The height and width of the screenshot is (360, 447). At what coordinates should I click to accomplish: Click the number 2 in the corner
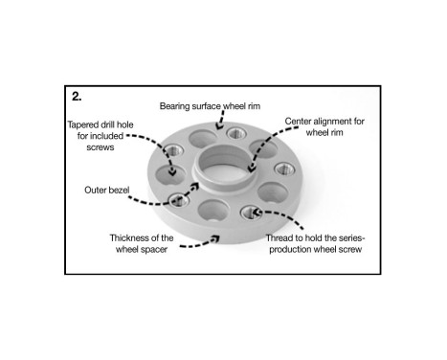point(77,96)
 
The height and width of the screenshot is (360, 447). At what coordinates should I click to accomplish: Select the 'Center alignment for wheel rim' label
point(325,127)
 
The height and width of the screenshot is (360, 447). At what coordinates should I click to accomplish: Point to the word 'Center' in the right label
point(302,122)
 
